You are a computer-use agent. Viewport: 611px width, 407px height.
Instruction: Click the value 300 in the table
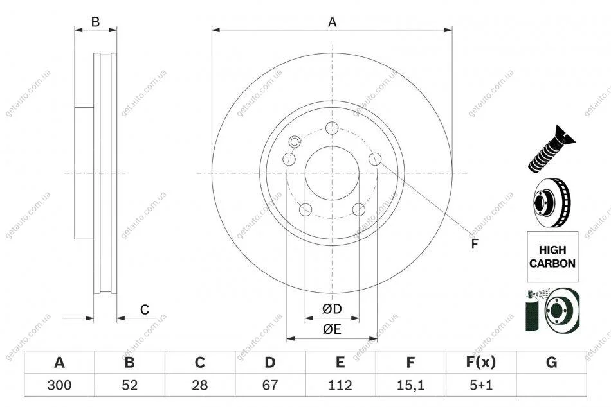pos(59,385)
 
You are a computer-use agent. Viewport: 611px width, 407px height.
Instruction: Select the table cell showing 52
pos(130,385)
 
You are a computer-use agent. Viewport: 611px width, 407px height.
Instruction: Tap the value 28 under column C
pos(200,385)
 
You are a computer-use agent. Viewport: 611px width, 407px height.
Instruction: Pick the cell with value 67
pos(270,385)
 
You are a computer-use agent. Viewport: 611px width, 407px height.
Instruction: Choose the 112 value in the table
pos(340,385)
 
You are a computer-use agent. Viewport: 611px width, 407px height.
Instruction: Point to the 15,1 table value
pos(410,385)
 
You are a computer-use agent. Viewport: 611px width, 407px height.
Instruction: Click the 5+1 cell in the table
pos(481,385)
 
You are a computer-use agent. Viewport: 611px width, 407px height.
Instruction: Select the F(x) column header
pos(481,363)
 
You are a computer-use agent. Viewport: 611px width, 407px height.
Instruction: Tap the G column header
pos(551,363)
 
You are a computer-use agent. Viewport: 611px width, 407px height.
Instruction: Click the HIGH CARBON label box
pos(552,257)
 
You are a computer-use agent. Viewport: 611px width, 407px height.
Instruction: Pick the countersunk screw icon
pos(551,150)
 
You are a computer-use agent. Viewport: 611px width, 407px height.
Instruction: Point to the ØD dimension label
pos(332,309)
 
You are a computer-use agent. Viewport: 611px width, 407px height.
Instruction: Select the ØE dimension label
pos(332,329)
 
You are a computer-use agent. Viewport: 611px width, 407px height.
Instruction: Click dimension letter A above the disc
pos(332,22)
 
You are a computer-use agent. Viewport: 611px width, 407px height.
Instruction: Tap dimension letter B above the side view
pos(95,22)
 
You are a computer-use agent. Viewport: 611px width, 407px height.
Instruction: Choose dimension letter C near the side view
pos(145,309)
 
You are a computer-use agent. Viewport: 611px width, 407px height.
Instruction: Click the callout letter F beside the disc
pos(474,244)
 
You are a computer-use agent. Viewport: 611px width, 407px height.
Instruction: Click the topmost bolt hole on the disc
pos(332,127)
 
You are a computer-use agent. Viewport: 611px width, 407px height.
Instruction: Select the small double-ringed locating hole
pos(295,142)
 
